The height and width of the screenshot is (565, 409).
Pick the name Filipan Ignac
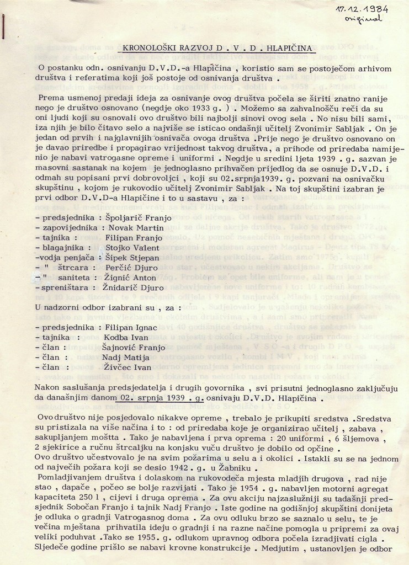[x=130, y=327]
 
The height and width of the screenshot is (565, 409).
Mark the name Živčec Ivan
[x=127, y=367]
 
